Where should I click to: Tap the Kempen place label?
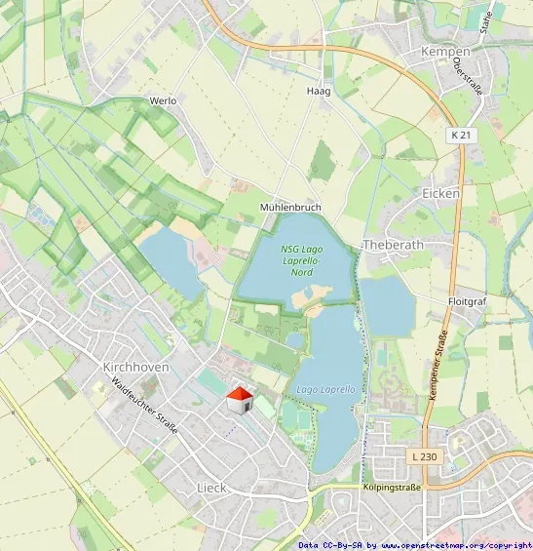point(445,51)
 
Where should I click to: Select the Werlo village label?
point(163,100)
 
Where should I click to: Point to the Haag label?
point(319,91)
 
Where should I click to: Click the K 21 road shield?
point(462,134)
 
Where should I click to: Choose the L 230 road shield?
point(423,456)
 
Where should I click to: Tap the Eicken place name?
point(440,193)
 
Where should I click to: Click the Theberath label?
point(389,244)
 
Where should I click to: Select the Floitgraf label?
point(466,302)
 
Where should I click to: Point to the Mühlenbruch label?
point(290,208)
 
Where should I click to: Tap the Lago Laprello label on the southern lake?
point(325,390)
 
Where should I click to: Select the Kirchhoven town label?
point(135,367)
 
